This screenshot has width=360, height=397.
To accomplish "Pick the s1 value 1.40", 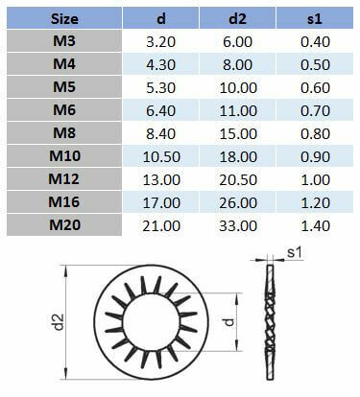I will tap(312, 225).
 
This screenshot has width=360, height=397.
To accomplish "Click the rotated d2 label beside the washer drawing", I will tap(60, 323).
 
